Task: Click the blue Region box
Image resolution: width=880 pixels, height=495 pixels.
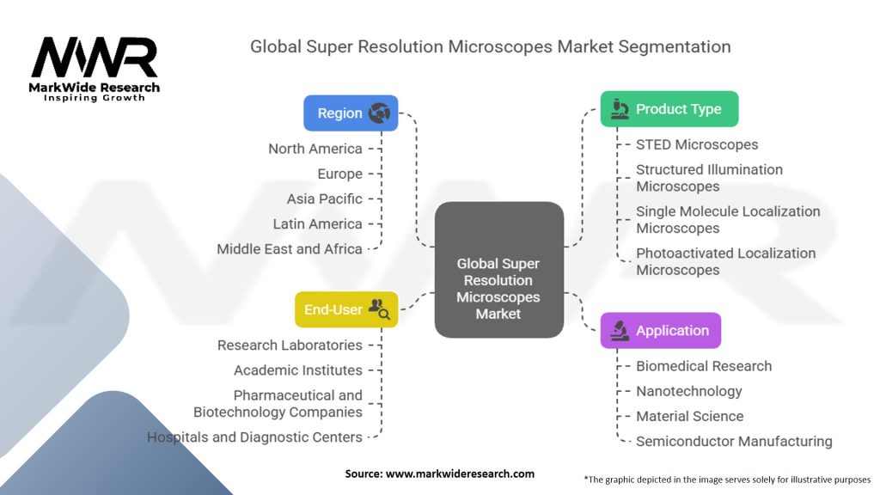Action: coord(351,113)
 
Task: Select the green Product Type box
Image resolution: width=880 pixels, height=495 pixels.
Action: coord(669,109)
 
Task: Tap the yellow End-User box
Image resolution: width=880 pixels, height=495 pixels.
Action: coord(346,309)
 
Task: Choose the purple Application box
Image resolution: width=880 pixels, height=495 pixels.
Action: coord(661,331)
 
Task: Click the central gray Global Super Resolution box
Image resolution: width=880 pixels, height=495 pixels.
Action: coord(499,270)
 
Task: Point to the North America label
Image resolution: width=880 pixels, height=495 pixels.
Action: coord(315,149)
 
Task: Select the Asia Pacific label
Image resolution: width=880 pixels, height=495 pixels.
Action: coord(324,199)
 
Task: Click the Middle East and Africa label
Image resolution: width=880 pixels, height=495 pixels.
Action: coord(289,248)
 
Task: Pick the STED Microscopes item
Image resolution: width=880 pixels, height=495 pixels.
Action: coord(696,144)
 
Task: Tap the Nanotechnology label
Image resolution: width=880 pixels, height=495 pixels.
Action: coord(688,391)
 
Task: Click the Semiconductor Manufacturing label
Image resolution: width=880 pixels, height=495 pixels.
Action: coord(734,441)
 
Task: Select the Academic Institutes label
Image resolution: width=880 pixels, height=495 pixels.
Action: coord(298,370)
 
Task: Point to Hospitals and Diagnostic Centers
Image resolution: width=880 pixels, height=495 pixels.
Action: coord(254,437)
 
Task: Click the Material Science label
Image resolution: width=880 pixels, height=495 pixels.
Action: coord(689,417)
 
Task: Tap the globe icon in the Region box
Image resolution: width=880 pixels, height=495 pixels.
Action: coord(379,113)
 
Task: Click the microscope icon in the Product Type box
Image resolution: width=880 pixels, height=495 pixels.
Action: coord(620,109)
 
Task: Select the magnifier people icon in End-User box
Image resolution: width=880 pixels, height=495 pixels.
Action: coord(379,309)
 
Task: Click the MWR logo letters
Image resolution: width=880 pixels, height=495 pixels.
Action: coord(95,58)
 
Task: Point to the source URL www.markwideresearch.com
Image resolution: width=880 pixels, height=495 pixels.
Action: coord(460,474)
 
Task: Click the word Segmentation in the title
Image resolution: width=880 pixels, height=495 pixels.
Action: coord(675,46)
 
